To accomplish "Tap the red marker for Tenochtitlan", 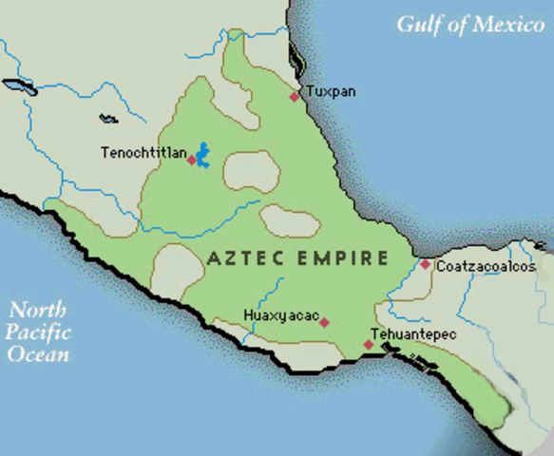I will [191, 161].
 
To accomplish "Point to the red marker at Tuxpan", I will [295, 96].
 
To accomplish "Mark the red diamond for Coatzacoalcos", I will [426, 265].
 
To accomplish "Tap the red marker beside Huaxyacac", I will [324, 322].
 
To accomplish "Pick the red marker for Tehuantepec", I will [369, 345].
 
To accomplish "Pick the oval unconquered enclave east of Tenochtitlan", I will [252, 173].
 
